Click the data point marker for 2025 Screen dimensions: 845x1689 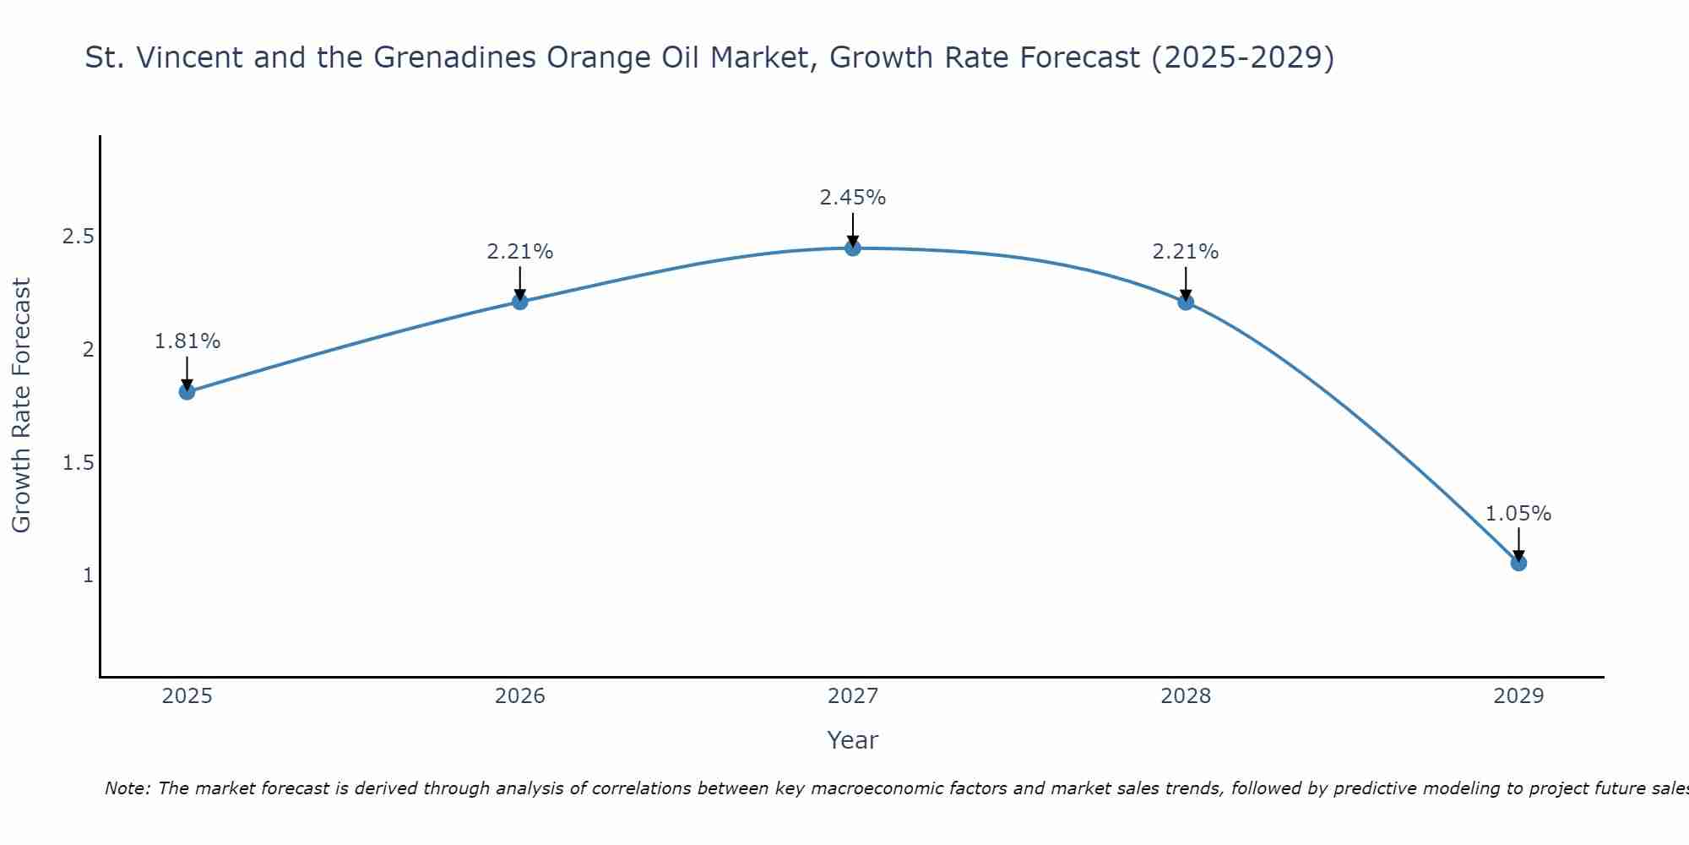click(187, 392)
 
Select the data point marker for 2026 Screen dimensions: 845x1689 click(520, 302)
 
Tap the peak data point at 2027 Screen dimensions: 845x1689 click(853, 248)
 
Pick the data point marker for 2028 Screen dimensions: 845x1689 click(1186, 302)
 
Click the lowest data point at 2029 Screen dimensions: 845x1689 click(1518, 563)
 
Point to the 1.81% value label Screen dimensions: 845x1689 click(187, 341)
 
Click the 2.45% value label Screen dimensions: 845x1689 click(853, 198)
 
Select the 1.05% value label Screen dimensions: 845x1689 click(1518, 514)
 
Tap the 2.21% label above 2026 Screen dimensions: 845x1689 click(520, 252)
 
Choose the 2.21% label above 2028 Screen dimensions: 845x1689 click(1186, 252)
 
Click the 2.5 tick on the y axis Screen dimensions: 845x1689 click(78, 237)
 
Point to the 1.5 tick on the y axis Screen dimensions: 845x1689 click(78, 463)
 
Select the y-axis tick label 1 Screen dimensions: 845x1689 click(88, 575)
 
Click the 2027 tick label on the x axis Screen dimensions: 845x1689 click(853, 696)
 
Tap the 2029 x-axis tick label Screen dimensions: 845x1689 click(1518, 696)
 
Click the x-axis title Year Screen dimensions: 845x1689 click(853, 740)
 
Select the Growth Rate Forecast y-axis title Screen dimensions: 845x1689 click(22, 406)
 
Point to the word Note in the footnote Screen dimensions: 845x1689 click(127, 788)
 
